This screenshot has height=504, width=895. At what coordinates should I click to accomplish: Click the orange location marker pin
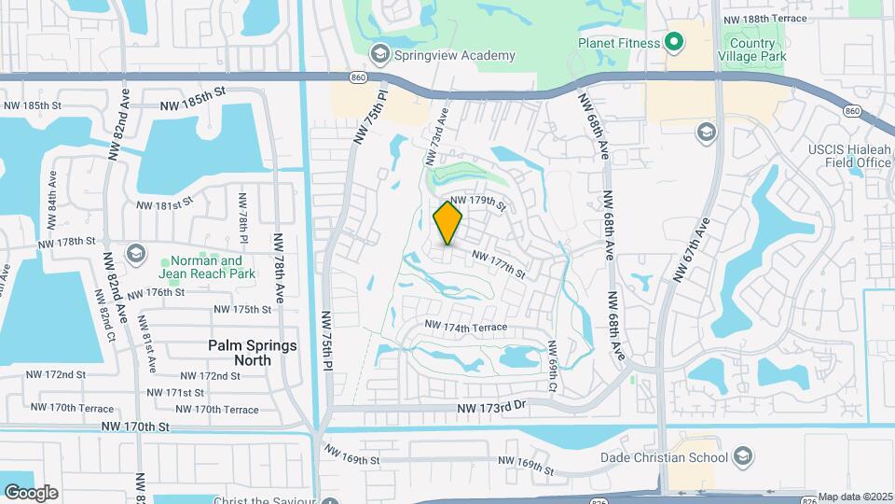pos(447,223)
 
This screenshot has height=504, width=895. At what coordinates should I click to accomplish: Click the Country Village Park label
pos(752,49)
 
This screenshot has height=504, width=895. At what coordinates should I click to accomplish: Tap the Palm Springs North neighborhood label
pos(252,352)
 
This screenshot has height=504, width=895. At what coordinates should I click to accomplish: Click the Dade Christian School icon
pos(743,456)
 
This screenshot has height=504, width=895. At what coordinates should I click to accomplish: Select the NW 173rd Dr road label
pos(492,408)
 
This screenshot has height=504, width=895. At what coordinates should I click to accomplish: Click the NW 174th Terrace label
pos(466,327)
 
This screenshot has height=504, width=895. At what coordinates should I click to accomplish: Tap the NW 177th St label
pos(499,265)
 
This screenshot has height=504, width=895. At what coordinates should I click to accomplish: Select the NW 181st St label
pos(164,203)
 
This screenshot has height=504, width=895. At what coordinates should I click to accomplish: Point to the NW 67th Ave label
pos(692,249)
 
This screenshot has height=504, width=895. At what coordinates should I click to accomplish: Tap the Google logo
pos(30,492)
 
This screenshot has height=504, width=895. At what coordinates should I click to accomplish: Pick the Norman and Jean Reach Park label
pos(203,268)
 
